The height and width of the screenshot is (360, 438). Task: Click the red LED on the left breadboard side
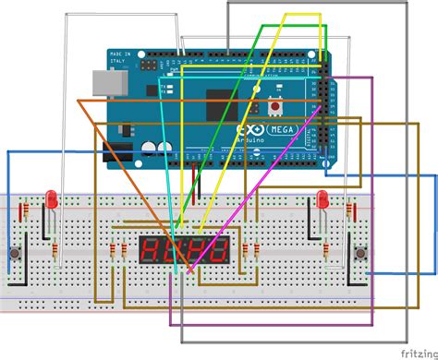52,198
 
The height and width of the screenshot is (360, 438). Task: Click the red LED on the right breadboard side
322,198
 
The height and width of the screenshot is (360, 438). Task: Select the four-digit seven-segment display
185,248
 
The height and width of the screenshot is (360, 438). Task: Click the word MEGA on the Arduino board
283,130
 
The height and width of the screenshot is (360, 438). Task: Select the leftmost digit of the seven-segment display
151,248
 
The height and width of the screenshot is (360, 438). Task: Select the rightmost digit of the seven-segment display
219,248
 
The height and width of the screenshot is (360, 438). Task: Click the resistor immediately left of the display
124,252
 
